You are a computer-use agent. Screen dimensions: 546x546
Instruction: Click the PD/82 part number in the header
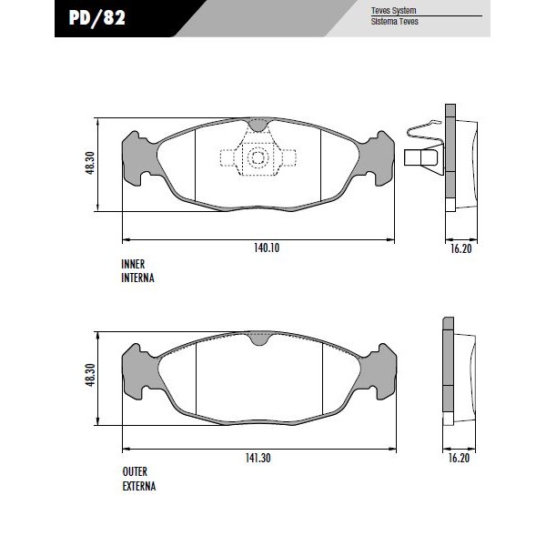(97, 18)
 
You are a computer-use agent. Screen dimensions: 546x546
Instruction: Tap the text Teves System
(393, 10)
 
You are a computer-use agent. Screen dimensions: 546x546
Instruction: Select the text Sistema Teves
(395, 22)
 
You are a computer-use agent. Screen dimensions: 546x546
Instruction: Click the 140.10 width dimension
(267, 248)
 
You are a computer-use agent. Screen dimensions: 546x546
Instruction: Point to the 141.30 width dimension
(258, 458)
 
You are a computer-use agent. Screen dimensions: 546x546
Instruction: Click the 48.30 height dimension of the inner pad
(90, 163)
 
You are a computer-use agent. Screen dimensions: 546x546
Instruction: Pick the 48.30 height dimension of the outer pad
(90, 375)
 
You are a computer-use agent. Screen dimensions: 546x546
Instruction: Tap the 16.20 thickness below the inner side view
(461, 248)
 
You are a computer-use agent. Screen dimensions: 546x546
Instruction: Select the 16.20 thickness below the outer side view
(459, 458)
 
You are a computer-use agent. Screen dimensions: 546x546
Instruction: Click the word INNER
(133, 264)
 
